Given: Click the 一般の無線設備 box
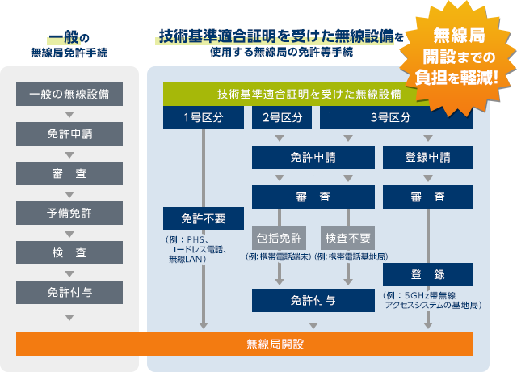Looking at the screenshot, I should pos(69,94).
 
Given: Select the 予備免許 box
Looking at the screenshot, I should pos(69,213).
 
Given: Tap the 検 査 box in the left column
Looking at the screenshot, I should pos(69,252).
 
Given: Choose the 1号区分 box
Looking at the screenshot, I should pos(203,117).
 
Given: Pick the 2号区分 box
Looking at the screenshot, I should pos(282,117).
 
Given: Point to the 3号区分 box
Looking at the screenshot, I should pos(390,117).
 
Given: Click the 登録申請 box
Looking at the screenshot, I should pos(428,157).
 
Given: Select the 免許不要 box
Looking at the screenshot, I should pos(203,218).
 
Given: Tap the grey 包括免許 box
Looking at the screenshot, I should pos(280,238).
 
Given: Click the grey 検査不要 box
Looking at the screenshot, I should pos(349,238).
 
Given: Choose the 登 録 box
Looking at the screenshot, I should pos(428,275).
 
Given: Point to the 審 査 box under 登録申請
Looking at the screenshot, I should pos(428,197).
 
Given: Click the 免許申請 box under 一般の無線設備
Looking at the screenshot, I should pos(69,133).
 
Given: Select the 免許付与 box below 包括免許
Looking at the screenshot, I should pos(313,299).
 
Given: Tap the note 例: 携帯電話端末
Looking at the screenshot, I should pos(279,256).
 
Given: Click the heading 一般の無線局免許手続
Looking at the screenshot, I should pos(69,45).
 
